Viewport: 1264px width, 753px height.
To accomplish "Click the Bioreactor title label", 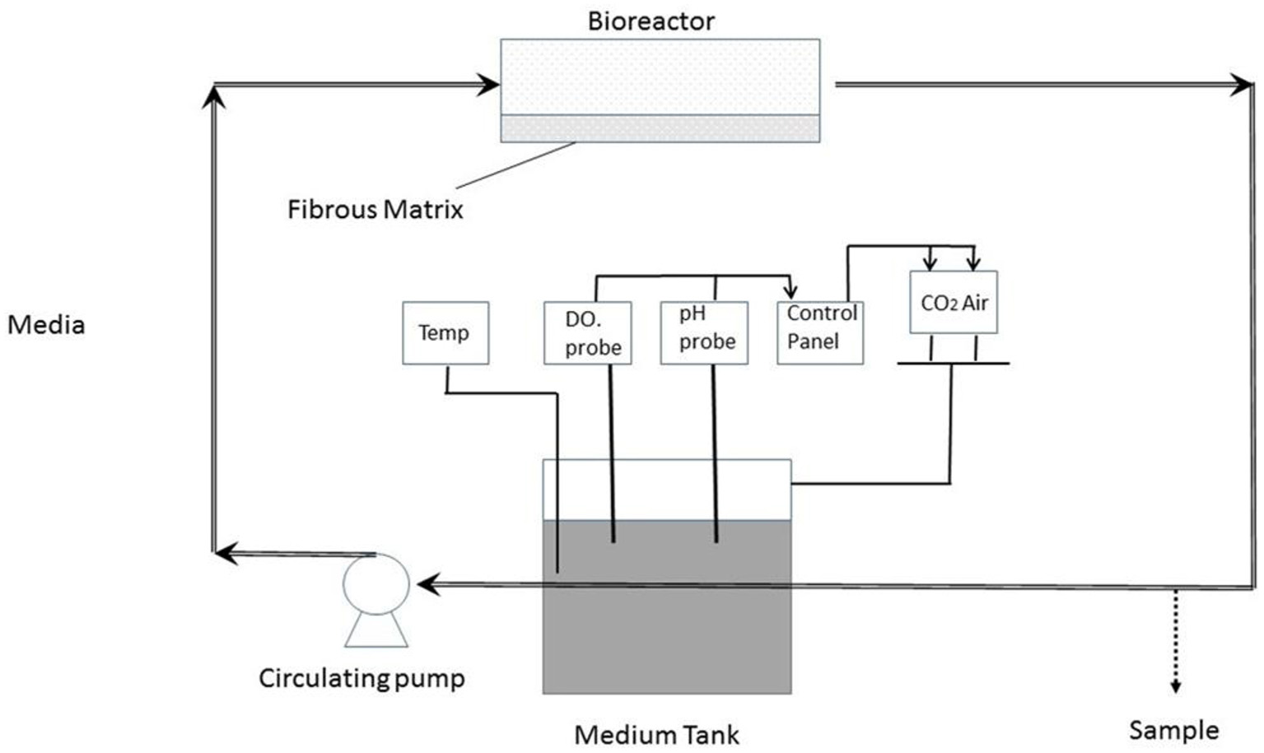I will pos(651,21).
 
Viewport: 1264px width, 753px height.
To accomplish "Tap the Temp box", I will pos(445,333).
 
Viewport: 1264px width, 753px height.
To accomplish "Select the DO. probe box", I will pos(588,333).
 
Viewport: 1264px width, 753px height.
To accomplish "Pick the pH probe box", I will pos(704,333).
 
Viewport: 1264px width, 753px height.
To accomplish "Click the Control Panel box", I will pos(820,333).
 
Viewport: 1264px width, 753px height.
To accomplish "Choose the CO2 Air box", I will pos(954,303).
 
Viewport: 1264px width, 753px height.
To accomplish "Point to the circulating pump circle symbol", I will pos(376,583).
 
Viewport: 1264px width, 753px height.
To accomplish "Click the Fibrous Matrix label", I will pos(375,210).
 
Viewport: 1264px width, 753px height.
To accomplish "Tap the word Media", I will pos(46,325).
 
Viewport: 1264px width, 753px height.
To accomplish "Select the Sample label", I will pos(1173,730).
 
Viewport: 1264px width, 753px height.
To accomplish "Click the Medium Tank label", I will pos(656,734).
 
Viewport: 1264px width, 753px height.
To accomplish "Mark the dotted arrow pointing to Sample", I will pos(1176,642).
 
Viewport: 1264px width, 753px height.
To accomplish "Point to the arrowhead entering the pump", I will pos(427,584).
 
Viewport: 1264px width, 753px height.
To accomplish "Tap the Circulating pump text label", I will pos(361,678).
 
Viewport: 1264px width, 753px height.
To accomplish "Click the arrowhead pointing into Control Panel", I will pos(791,291).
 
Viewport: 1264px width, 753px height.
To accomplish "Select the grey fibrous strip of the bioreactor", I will pos(660,128).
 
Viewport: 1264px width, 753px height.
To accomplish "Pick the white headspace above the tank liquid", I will pos(667,490).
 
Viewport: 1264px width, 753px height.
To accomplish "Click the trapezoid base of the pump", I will pos(376,630).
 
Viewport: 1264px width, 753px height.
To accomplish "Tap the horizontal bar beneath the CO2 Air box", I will pos(953,363).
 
